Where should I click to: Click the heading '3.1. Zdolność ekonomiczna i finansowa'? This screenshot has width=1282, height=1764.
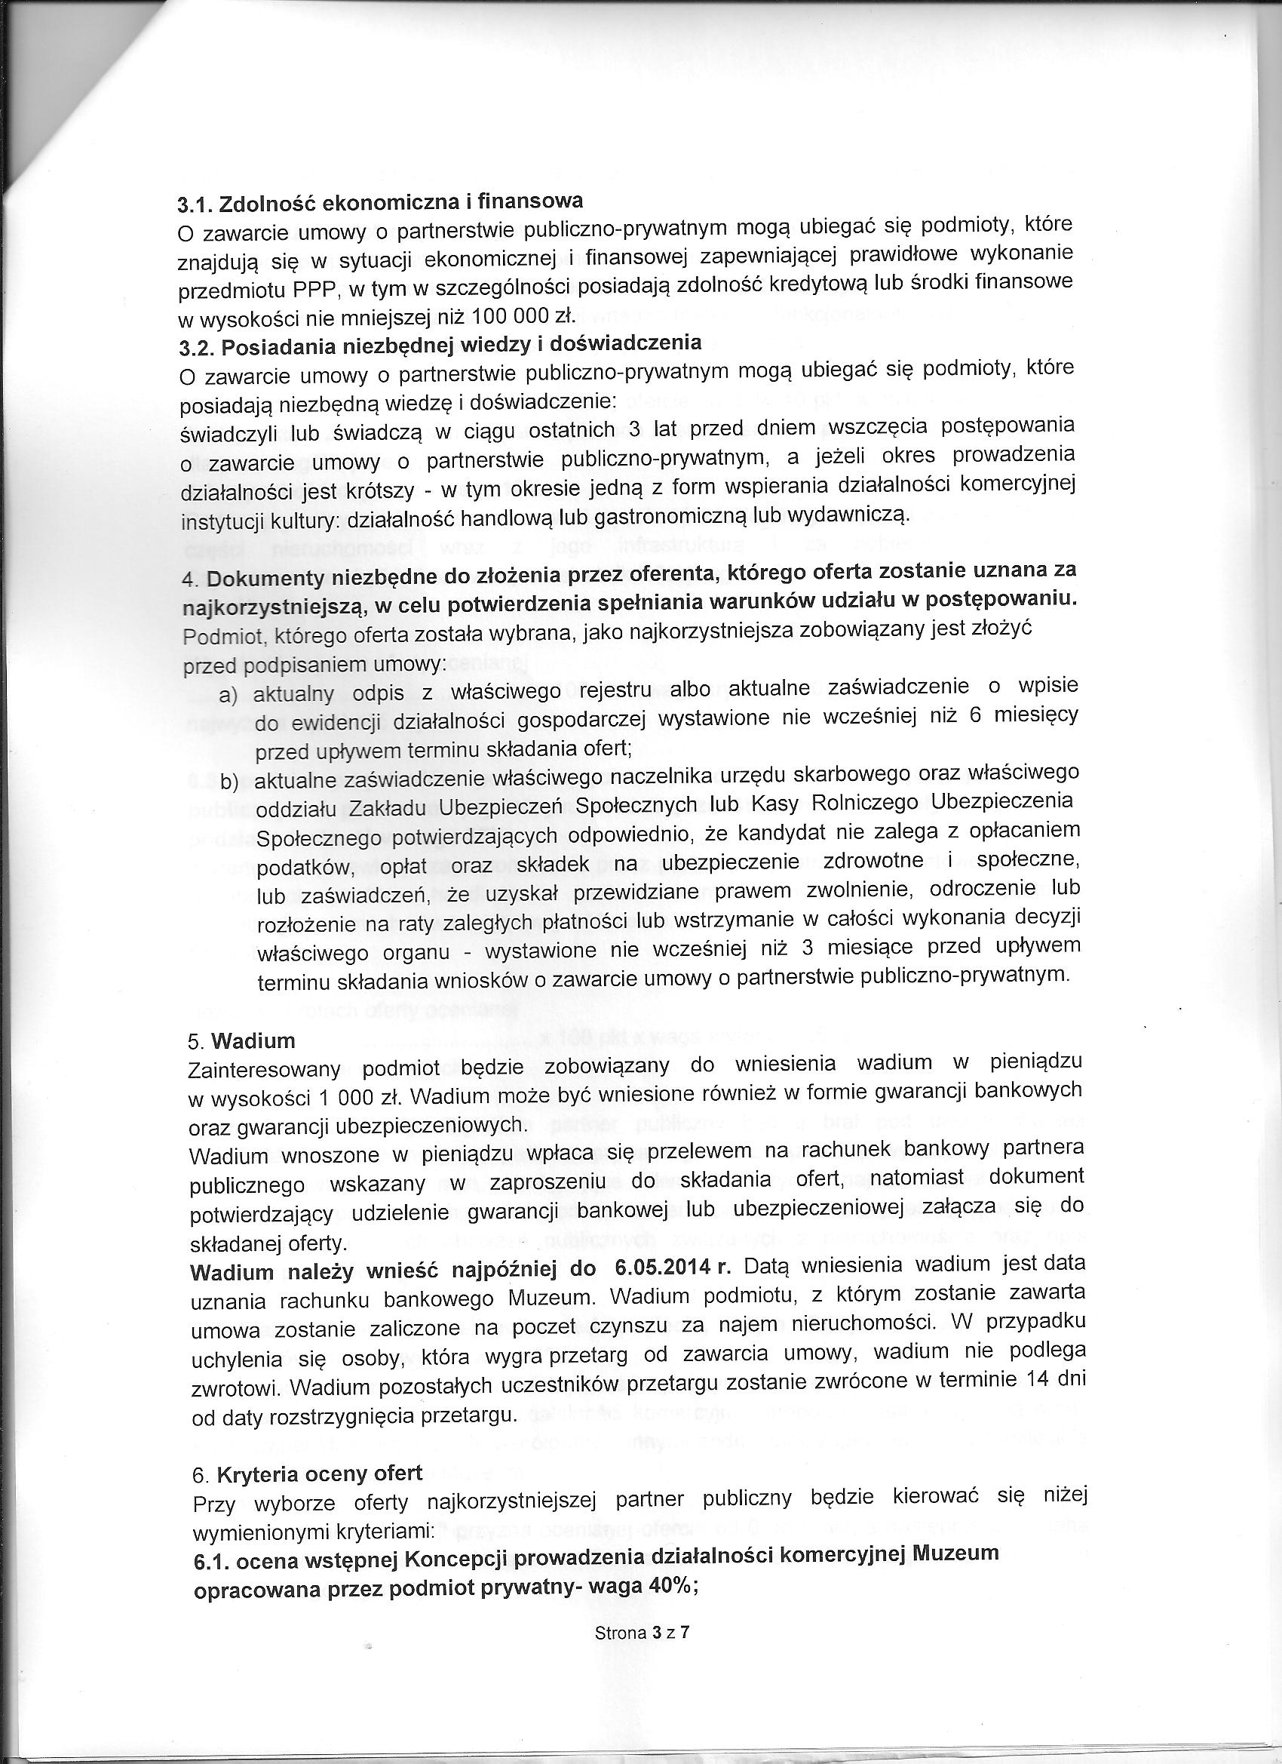click(x=380, y=202)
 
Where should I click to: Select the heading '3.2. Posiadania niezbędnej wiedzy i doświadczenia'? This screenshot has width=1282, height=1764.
click(x=441, y=345)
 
